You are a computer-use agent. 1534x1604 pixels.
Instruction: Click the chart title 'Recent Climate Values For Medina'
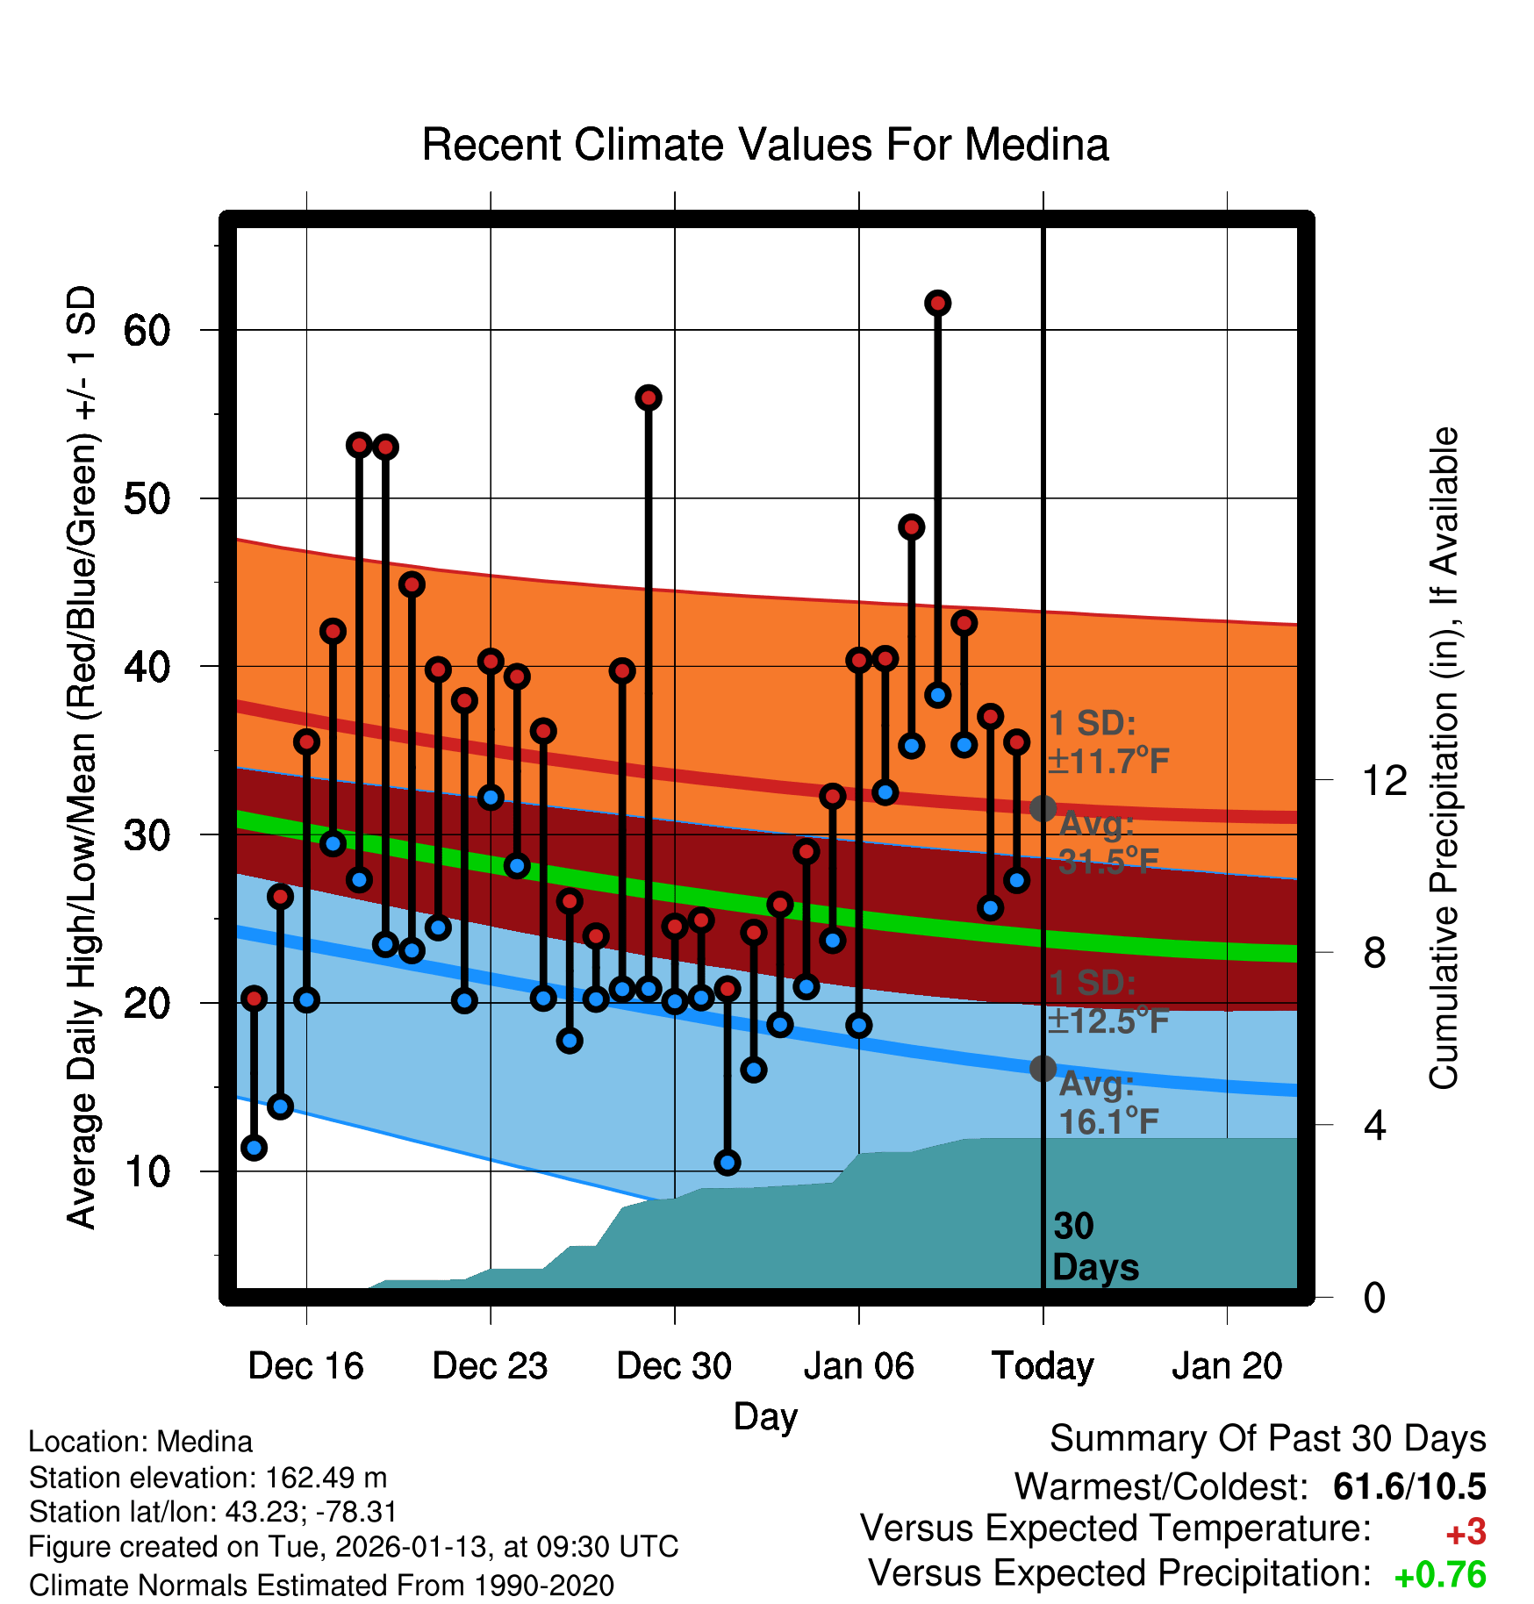(x=765, y=145)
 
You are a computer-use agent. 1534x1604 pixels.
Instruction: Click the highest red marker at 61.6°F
(x=937, y=304)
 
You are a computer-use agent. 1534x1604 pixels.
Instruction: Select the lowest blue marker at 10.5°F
(x=727, y=1163)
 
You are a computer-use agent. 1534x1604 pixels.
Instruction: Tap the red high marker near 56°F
(x=649, y=398)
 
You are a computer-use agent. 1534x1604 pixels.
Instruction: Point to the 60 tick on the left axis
(x=147, y=331)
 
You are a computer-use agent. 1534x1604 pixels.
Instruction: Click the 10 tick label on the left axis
(x=147, y=1171)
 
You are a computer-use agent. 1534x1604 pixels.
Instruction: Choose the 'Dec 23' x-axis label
(x=490, y=1366)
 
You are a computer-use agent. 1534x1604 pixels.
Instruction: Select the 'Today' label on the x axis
(x=1043, y=1366)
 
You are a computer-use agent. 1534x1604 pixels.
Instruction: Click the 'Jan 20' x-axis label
(x=1227, y=1366)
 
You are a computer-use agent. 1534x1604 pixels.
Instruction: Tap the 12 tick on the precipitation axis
(x=1385, y=780)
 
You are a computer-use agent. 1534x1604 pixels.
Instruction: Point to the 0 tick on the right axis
(x=1374, y=1297)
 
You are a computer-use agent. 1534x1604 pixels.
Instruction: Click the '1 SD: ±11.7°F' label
(x=1107, y=742)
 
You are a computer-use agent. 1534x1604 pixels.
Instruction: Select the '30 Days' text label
(x=1094, y=1247)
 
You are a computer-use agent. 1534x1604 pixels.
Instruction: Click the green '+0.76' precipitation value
(x=1440, y=1575)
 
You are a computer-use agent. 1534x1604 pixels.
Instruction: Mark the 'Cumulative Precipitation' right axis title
(x=1444, y=759)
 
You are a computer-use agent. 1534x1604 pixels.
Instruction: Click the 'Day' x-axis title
(x=765, y=1416)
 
